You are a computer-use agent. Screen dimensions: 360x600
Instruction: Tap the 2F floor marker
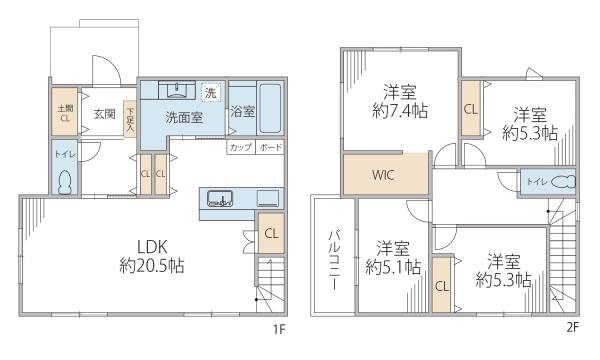pyautogui.click(x=573, y=326)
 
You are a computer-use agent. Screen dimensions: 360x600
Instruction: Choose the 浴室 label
pyautogui.click(x=242, y=110)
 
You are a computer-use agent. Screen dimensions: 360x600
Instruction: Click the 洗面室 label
pyautogui.click(x=184, y=116)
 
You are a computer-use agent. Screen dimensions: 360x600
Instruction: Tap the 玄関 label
pyautogui.click(x=105, y=114)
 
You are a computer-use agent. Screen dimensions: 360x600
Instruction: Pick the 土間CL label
pyautogui.click(x=61, y=113)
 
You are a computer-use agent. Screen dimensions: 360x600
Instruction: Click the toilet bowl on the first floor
pyautogui.click(x=65, y=185)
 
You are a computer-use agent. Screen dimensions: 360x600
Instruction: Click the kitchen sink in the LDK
pyautogui.click(x=221, y=198)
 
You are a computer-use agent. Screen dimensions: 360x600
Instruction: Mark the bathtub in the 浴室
pyautogui.click(x=272, y=110)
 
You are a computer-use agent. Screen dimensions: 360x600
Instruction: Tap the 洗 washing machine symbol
pyautogui.click(x=210, y=92)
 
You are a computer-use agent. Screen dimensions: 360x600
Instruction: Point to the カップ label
pyautogui.click(x=240, y=148)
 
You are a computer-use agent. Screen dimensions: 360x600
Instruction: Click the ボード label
pyautogui.click(x=271, y=148)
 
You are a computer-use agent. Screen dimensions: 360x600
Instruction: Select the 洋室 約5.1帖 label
pyautogui.click(x=393, y=258)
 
